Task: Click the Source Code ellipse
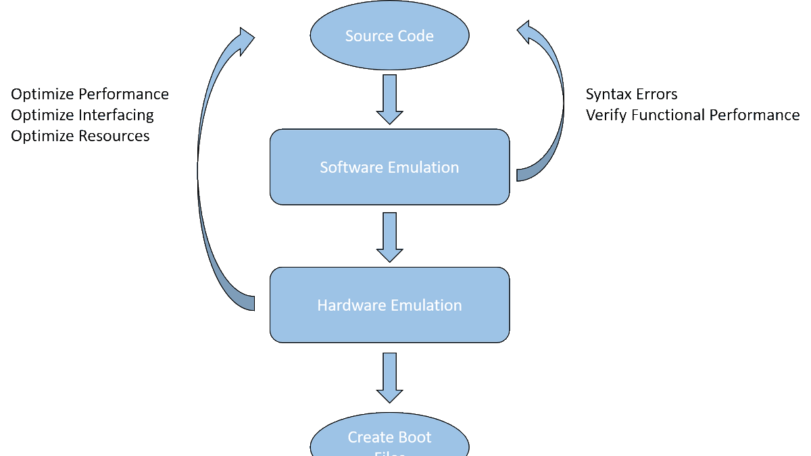389,36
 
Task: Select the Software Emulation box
389,167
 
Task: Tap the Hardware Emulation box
389,305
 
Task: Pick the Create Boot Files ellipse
389,439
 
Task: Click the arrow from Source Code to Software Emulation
389,99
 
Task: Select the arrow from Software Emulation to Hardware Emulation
389,237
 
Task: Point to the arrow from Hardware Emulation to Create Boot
389,378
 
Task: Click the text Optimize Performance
90,94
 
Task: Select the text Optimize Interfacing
82,115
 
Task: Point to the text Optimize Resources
80,136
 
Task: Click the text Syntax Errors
631,94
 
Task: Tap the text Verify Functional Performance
692,115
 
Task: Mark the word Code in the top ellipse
414,36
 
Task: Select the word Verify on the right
606,116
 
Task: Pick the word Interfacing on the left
116,116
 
